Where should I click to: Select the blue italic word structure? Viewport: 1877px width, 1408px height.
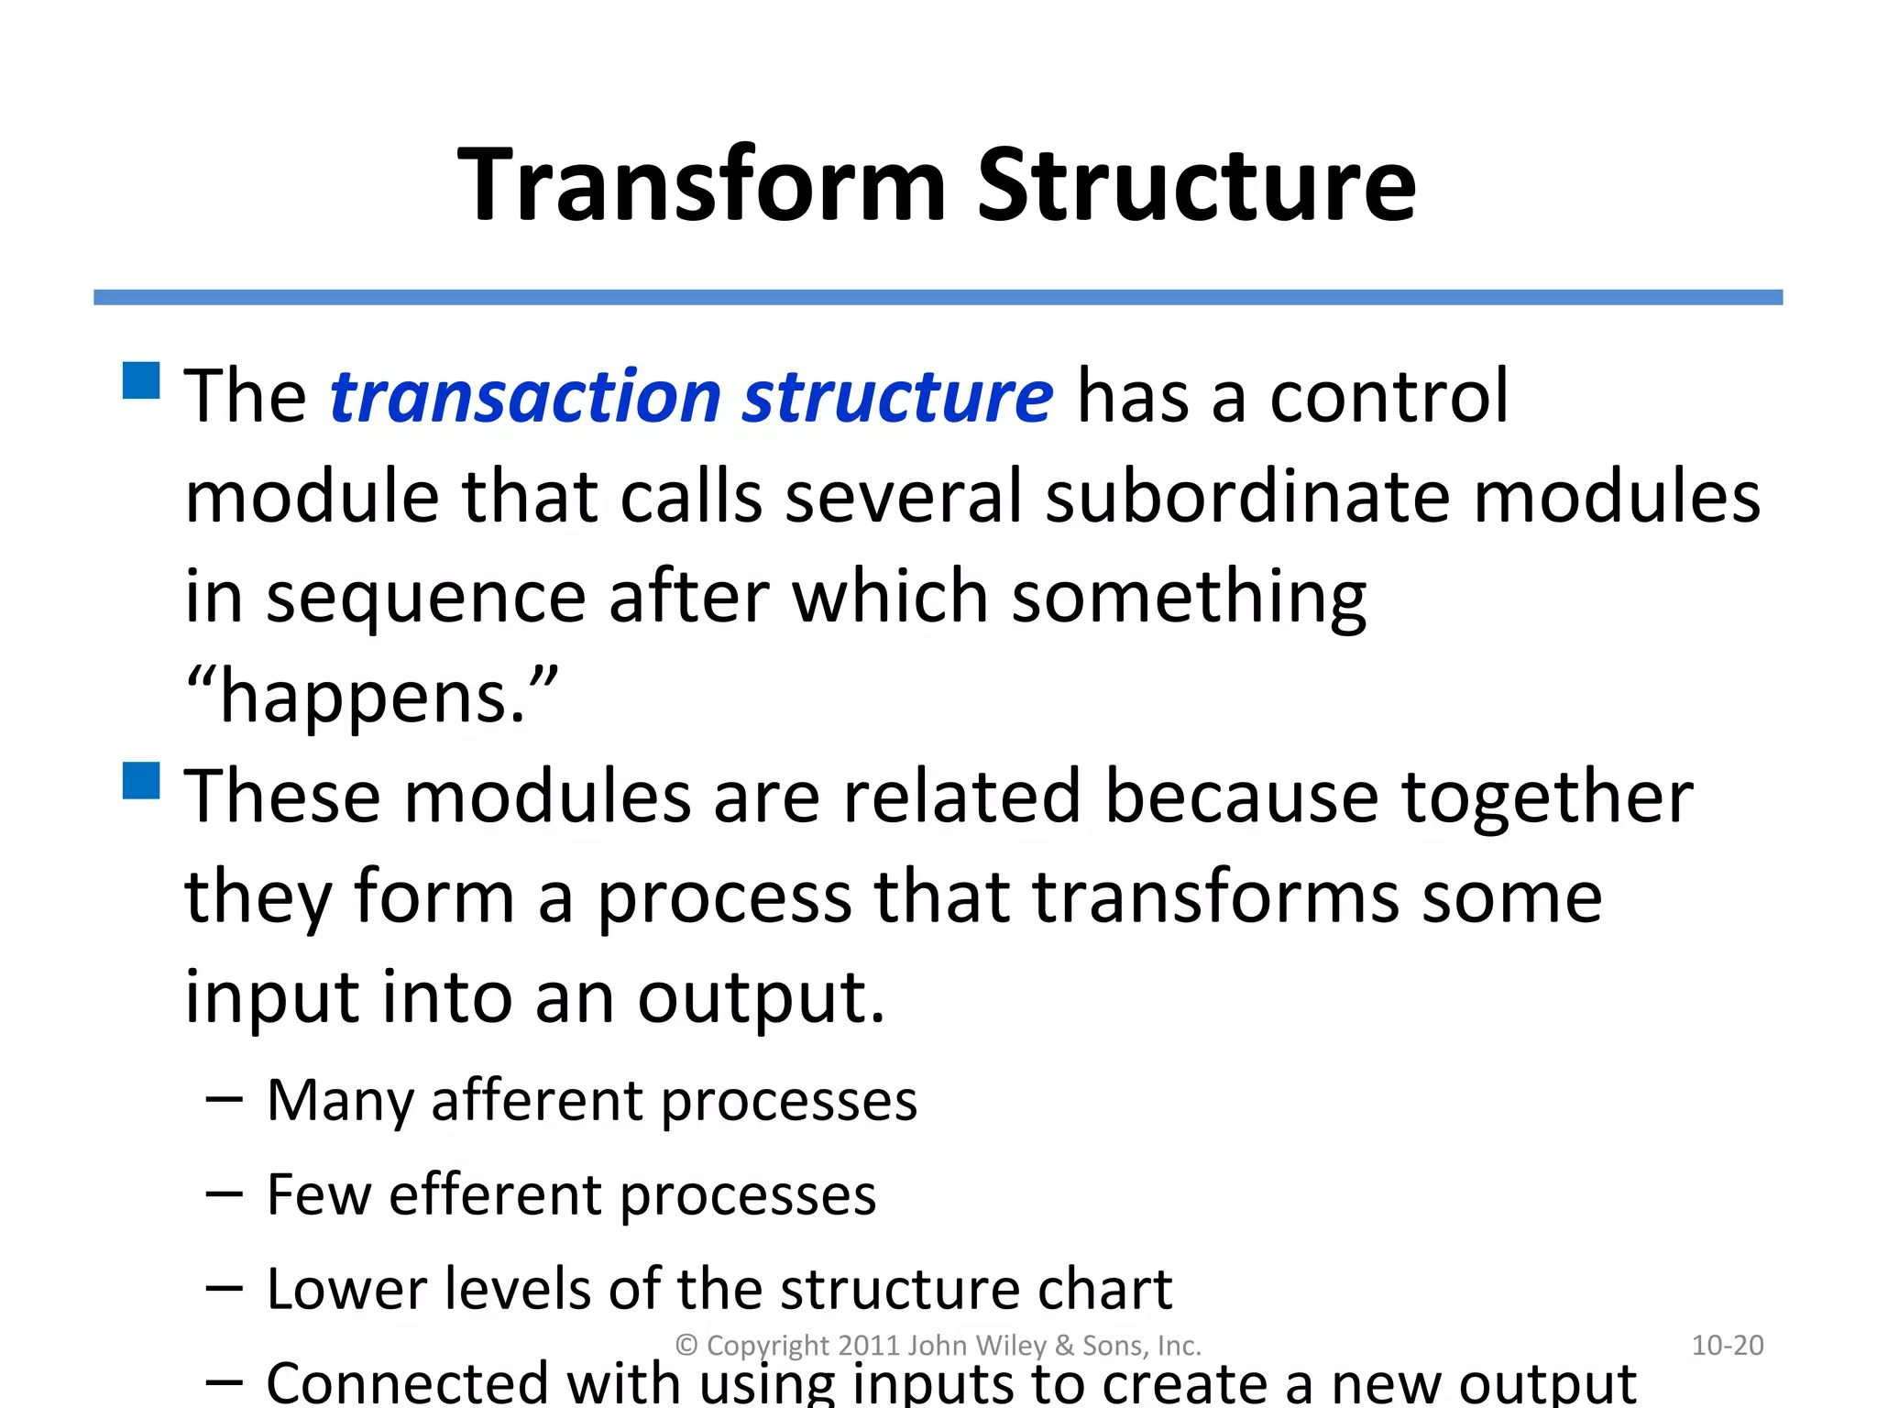point(897,396)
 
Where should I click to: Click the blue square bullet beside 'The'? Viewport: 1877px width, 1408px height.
point(141,380)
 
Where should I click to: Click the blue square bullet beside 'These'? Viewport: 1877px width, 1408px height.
point(141,780)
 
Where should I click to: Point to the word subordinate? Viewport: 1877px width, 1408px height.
point(1247,498)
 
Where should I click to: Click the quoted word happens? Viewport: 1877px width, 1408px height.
point(371,697)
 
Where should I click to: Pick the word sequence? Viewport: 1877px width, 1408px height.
point(425,598)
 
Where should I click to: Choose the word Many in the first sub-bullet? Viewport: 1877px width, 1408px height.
point(339,1100)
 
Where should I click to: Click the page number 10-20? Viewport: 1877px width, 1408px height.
point(1727,1345)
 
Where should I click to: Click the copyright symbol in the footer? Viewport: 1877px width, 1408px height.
point(686,1346)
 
